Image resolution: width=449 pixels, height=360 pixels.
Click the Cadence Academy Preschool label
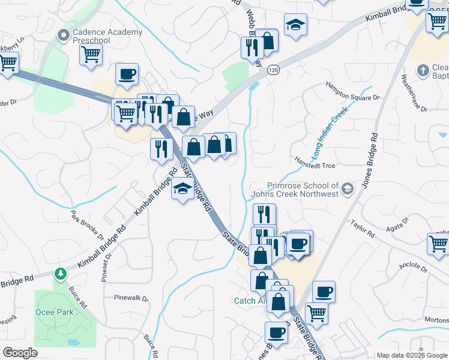(107, 36)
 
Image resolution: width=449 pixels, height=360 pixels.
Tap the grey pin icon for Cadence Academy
(62, 36)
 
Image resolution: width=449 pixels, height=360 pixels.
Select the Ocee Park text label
(54, 312)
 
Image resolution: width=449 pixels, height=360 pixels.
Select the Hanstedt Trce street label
(315, 165)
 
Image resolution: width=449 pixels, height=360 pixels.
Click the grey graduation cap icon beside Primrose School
(347, 190)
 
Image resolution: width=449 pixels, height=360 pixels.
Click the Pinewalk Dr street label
(131, 298)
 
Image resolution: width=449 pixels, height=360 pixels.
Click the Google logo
(20, 353)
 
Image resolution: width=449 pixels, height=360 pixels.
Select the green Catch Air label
(249, 301)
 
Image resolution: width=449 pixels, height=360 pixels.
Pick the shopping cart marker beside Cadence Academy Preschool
(91, 54)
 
